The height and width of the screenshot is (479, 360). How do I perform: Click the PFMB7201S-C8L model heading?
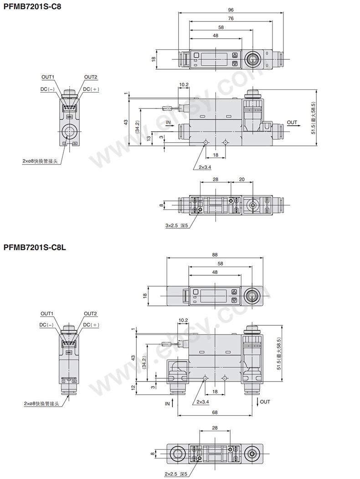click(35, 247)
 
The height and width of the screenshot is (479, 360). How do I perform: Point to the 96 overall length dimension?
click(231, 9)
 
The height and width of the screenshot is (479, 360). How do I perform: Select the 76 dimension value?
click(231, 18)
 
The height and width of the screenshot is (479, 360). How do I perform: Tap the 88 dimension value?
click(215, 255)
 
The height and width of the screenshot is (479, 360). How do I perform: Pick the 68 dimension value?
click(215, 412)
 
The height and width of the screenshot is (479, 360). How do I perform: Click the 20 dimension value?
click(242, 180)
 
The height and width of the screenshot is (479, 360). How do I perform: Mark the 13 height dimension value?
click(149, 138)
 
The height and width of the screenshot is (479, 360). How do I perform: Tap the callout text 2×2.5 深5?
click(176, 474)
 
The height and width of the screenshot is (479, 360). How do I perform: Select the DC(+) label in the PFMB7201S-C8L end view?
click(91, 325)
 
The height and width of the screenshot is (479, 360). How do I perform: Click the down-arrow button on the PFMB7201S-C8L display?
click(235, 300)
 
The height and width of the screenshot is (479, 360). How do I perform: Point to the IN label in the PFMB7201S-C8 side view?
click(168, 123)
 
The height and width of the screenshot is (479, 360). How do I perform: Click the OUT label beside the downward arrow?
click(265, 402)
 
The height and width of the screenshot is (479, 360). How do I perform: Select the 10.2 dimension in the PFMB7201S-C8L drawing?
click(184, 320)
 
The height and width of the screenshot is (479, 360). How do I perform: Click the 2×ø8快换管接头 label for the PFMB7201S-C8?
click(40, 161)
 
